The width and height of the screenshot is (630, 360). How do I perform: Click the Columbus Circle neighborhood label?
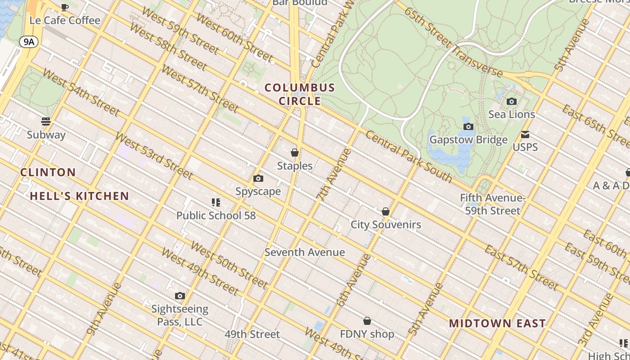(x=300, y=94)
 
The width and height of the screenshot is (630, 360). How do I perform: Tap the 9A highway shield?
(x=29, y=42)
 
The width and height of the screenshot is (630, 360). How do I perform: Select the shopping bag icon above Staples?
(x=295, y=153)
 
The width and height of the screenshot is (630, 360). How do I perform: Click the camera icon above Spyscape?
(x=258, y=179)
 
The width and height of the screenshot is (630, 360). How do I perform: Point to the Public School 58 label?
(x=216, y=216)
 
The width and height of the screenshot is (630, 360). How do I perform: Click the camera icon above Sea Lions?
(x=512, y=102)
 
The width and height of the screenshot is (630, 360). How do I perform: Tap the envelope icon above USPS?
(x=525, y=135)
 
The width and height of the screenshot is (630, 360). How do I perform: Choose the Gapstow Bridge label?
(x=468, y=139)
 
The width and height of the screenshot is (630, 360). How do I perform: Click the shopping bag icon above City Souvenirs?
(x=386, y=211)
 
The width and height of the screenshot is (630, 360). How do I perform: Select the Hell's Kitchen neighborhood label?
(x=80, y=196)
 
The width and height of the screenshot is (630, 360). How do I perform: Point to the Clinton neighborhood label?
(x=48, y=172)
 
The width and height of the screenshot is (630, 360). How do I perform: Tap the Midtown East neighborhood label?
(x=497, y=323)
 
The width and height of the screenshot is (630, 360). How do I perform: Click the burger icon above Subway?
(x=46, y=121)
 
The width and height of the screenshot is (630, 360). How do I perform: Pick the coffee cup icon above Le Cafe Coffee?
(x=65, y=7)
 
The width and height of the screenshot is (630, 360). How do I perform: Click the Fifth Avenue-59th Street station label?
(x=493, y=204)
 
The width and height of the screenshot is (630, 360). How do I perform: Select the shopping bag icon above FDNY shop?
(x=367, y=321)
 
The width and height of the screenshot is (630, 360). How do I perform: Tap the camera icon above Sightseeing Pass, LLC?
(x=180, y=296)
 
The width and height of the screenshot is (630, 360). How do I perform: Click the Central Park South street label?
(x=409, y=157)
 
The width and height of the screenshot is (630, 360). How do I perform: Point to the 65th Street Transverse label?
(x=452, y=42)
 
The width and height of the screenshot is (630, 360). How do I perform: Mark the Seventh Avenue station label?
(x=305, y=252)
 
